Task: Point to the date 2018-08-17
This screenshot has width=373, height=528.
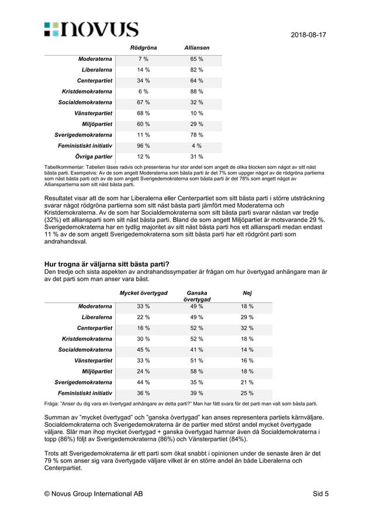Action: (x=308, y=35)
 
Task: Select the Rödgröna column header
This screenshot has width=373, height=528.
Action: (x=143, y=47)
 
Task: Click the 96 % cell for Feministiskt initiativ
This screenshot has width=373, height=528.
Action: (x=143, y=146)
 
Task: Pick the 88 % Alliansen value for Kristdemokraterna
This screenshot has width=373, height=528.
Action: (x=196, y=91)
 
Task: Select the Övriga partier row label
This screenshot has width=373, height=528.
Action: (x=94, y=157)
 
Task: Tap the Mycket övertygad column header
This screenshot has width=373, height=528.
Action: (x=143, y=293)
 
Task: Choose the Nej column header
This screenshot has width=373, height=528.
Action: (x=247, y=293)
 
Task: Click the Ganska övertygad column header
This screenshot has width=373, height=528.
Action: (x=196, y=296)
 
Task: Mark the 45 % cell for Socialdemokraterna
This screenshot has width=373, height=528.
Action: (x=143, y=349)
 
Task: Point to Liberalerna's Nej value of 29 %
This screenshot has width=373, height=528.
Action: (x=247, y=317)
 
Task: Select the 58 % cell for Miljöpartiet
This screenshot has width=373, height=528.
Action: (x=196, y=371)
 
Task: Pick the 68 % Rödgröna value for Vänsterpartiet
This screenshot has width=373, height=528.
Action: (x=143, y=113)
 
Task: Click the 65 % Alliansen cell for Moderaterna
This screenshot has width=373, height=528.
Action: (x=196, y=59)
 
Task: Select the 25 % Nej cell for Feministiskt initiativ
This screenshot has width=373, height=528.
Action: (x=247, y=393)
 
